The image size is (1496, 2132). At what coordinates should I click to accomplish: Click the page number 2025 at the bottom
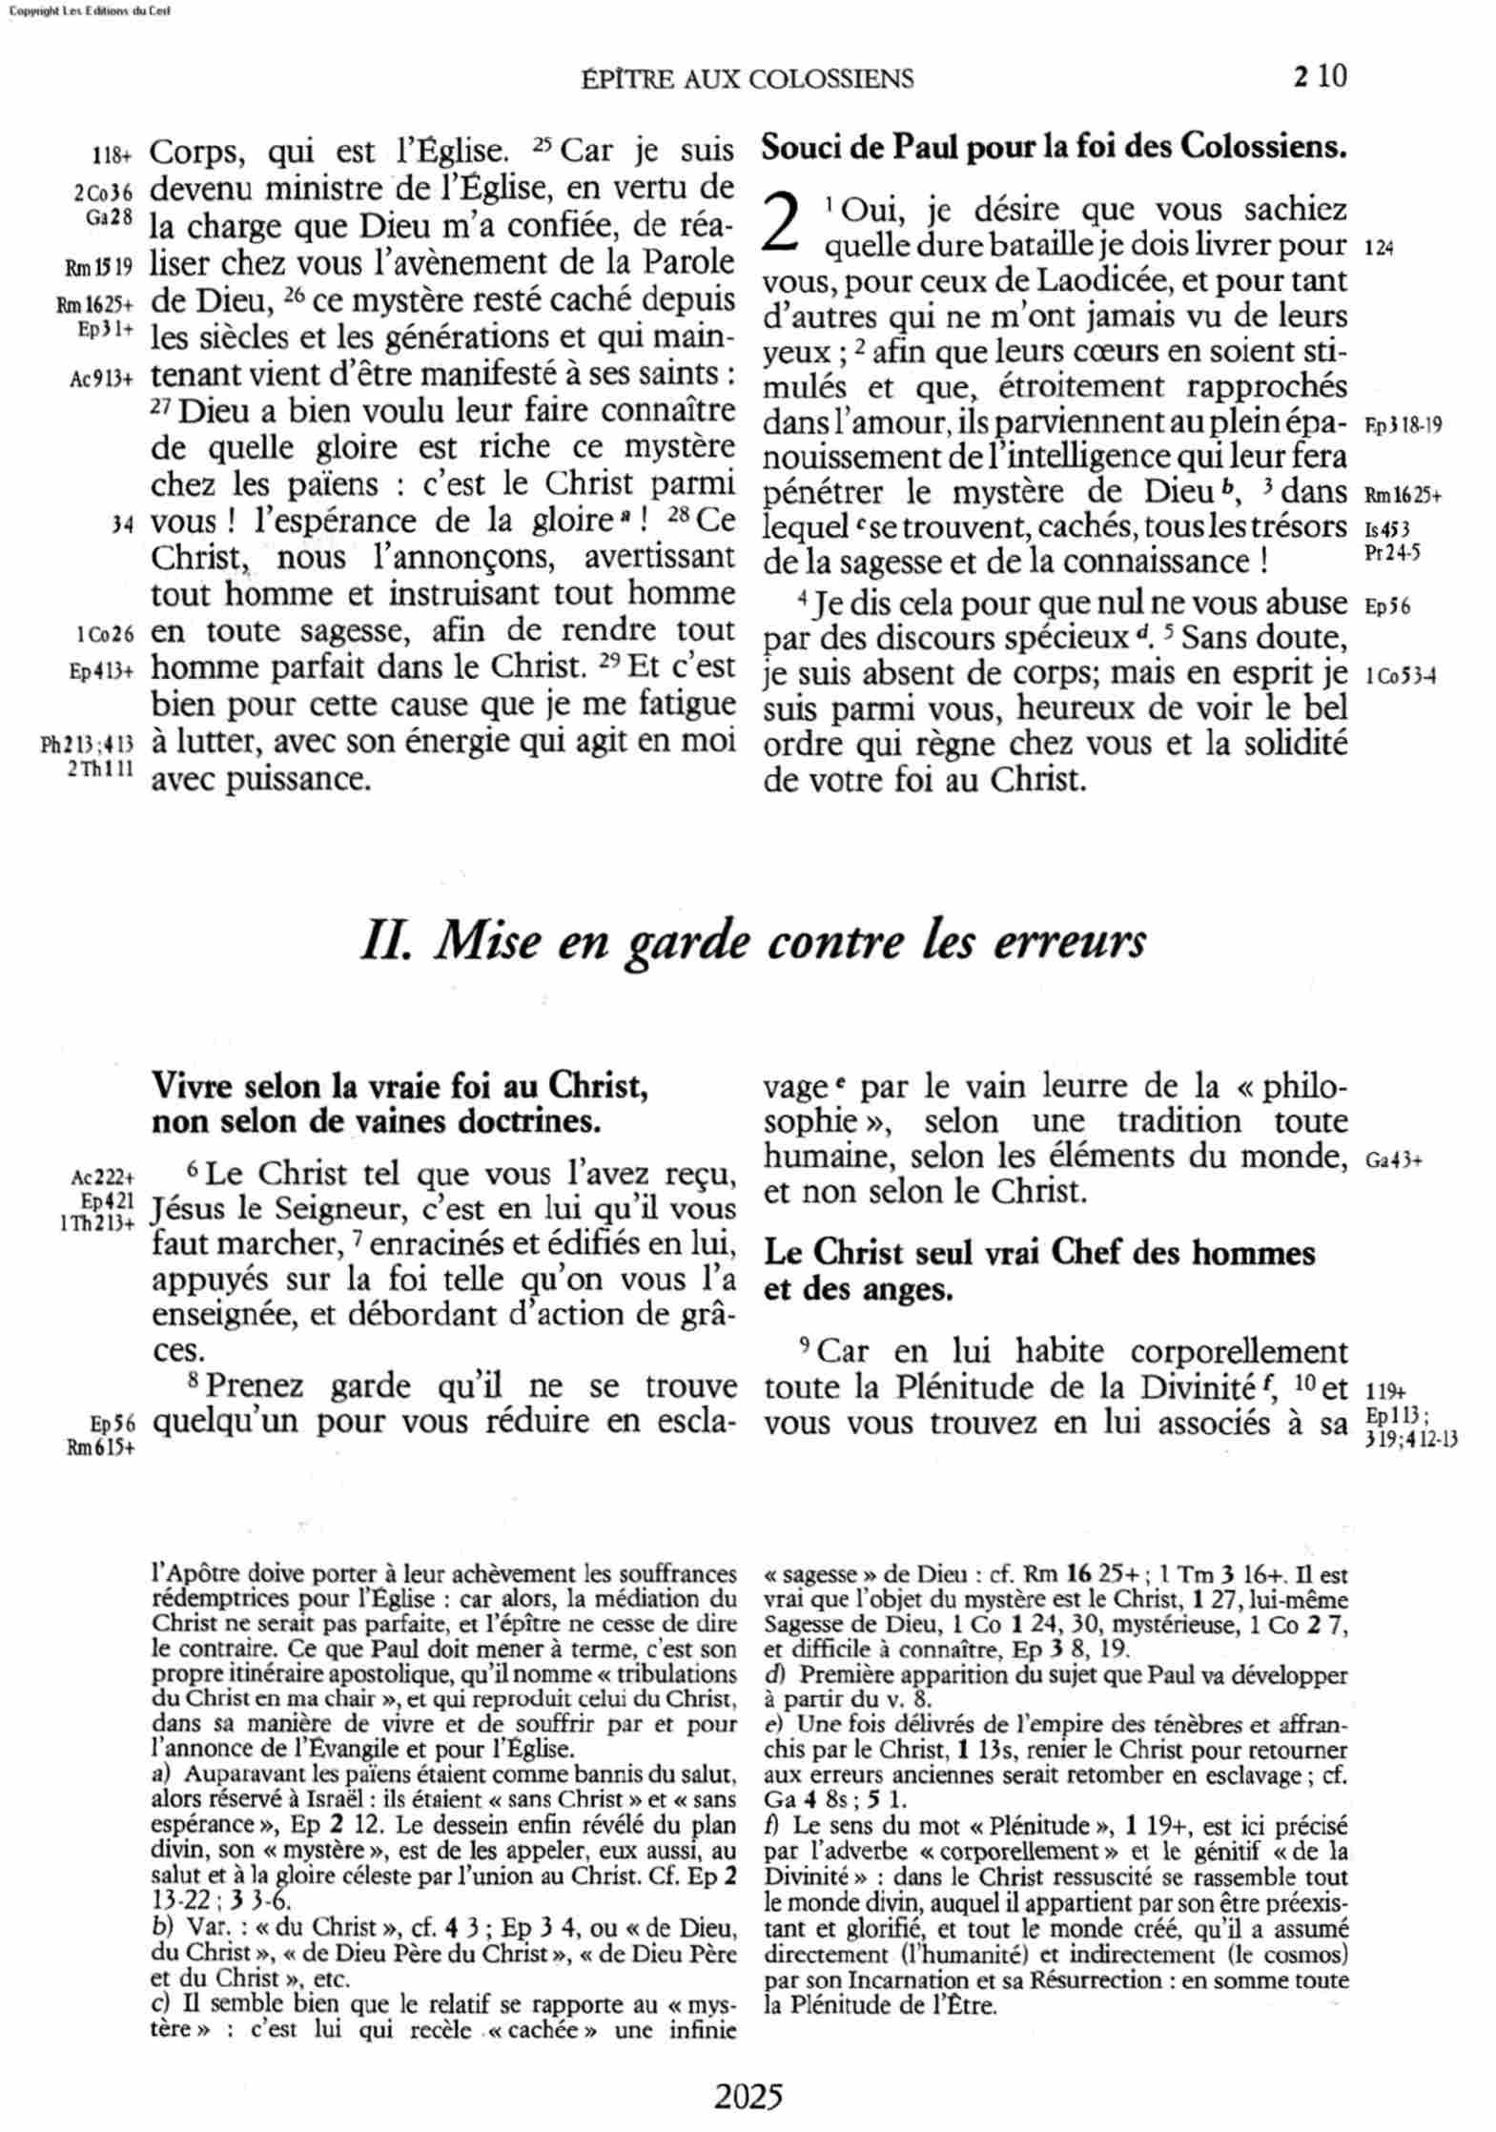click(x=748, y=2096)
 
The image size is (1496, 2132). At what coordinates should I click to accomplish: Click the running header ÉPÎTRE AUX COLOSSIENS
click(x=747, y=79)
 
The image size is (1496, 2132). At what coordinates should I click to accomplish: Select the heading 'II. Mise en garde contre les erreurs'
click(x=752, y=943)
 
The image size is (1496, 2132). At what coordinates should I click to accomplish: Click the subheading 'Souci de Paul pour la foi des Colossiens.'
click(x=1054, y=148)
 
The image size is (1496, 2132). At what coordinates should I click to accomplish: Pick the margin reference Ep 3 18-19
click(x=1403, y=424)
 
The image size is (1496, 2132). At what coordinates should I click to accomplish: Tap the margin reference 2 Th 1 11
click(x=100, y=769)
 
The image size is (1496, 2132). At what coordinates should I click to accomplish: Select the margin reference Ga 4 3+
click(x=1393, y=1160)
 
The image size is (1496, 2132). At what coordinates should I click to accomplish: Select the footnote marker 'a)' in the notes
click(x=160, y=1774)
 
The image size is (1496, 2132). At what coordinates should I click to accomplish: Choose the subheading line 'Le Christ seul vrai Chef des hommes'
click(x=1039, y=1253)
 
